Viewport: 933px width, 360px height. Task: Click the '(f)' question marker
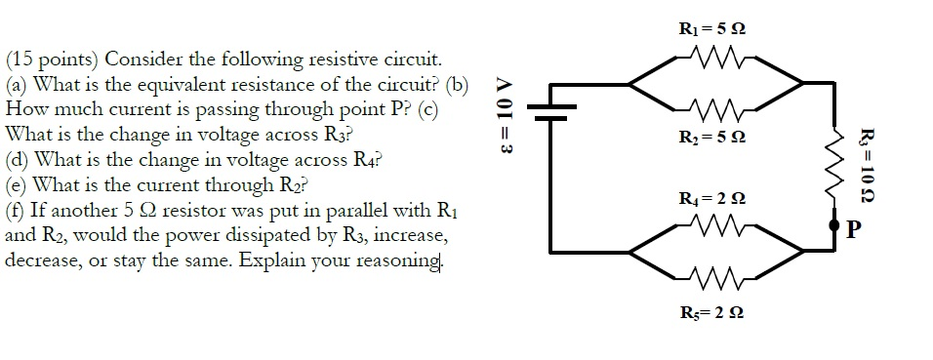[18, 211]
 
